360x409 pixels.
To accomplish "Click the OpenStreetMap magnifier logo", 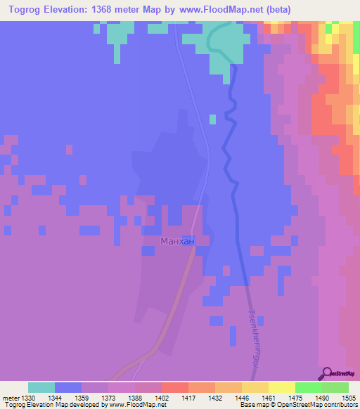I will coord(328,373).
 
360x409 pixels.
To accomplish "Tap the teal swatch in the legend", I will coord(41,387).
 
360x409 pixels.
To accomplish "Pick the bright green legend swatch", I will coord(308,387).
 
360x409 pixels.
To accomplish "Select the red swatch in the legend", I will coord(174,387).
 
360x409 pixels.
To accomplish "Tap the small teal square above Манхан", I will coord(212,119).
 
